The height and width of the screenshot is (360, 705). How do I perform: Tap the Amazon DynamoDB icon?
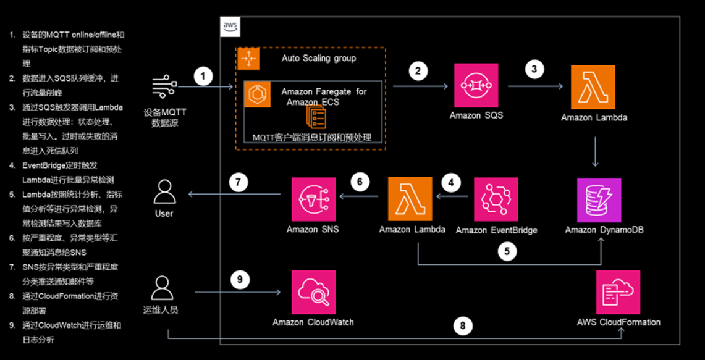[599, 200]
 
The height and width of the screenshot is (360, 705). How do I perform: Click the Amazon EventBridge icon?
[496, 199]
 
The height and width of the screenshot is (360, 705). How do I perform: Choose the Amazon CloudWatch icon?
[314, 292]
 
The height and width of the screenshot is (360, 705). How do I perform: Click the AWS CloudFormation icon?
[618, 292]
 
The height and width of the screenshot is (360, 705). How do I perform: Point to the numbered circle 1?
[203, 77]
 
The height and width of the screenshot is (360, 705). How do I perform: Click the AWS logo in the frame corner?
[230, 27]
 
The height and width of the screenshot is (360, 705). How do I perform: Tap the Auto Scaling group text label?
[319, 59]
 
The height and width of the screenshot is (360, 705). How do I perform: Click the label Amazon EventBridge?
[496, 230]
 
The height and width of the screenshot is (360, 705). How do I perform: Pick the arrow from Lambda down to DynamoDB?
[595, 152]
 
